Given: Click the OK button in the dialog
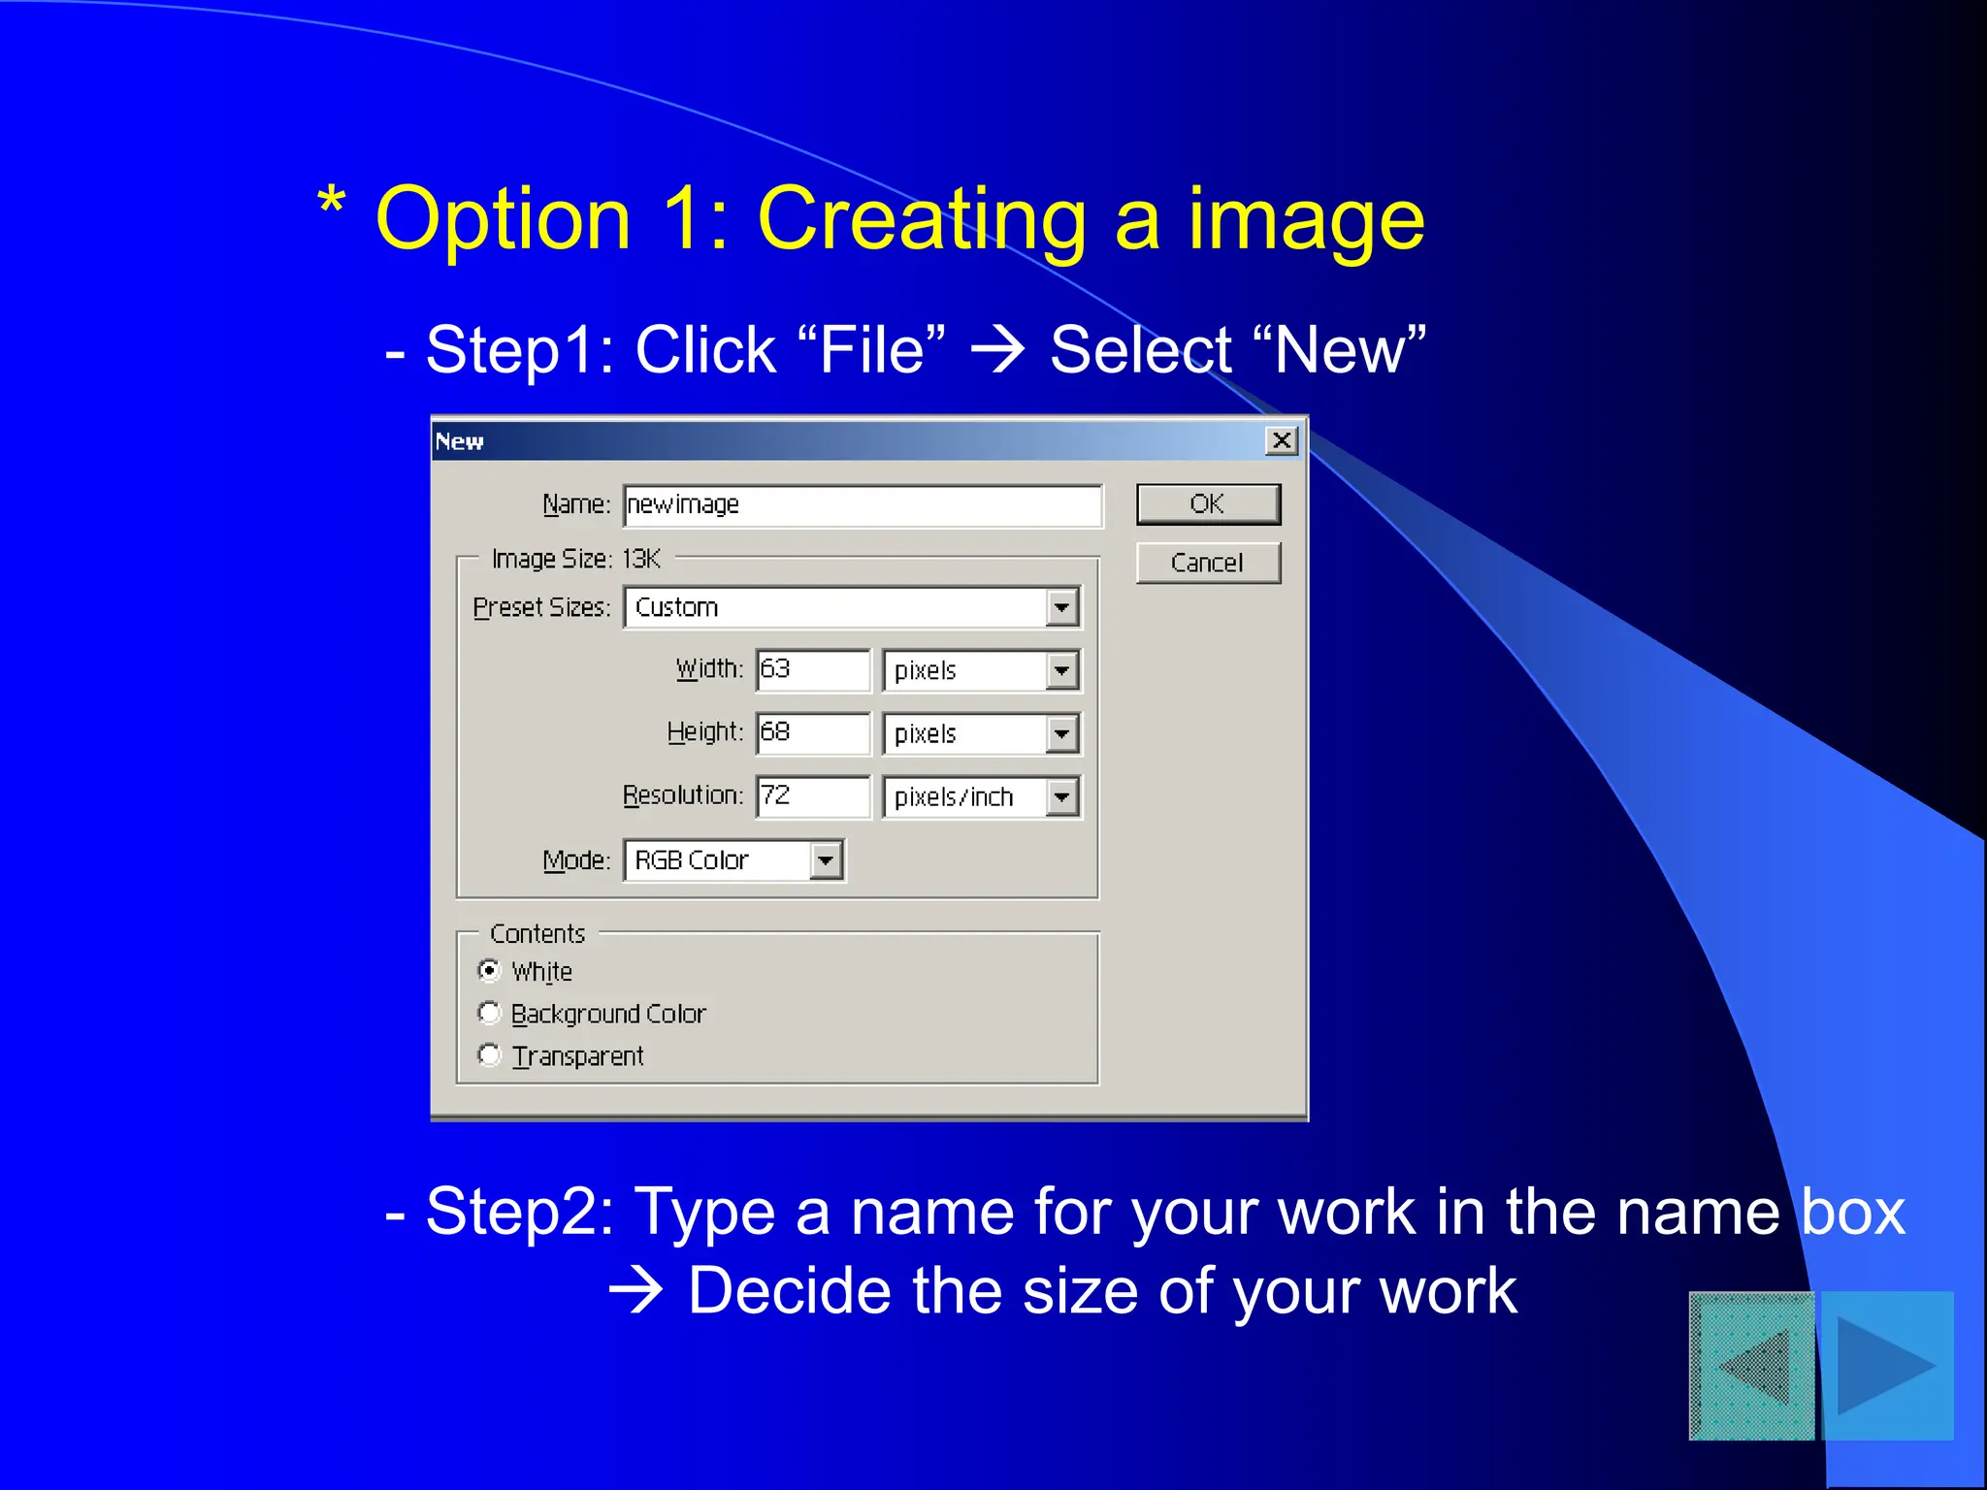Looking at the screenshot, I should tap(1208, 504).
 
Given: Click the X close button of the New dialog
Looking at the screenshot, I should tap(1282, 441).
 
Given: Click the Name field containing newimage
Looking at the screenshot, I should tap(863, 505).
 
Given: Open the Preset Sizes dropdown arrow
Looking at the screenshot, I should tap(1062, 608).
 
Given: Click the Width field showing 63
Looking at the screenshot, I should tap(813, 670).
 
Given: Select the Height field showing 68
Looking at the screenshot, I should tap(813, 733).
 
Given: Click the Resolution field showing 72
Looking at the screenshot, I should tap(813, 796).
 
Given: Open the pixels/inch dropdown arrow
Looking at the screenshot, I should tap(1062, 798).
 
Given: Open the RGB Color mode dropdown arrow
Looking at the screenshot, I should tap(826, 860).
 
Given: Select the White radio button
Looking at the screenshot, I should tap(490, 971).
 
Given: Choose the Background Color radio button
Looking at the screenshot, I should tap(490, 1014).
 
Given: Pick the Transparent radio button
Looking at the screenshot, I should tap(490, 1055).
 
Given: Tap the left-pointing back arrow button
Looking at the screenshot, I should tap(1752, 1366).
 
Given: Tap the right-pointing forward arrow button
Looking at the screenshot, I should tap(1887, 1366).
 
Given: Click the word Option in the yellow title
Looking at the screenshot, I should tap(504, 220).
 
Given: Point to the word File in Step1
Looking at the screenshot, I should tap(872, 350).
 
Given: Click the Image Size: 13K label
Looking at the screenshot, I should tap(576, 560).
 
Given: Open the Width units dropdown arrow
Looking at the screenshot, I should tap(1062, 670).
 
